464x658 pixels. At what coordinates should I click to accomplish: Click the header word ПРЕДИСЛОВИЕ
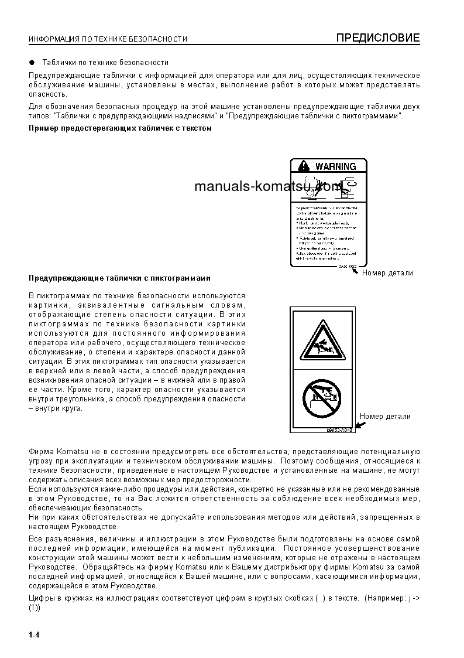378,39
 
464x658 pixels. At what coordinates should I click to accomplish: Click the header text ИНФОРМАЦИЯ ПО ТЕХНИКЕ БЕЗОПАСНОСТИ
108,39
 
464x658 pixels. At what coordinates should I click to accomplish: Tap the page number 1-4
33,635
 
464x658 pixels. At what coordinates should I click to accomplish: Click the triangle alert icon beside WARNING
302,166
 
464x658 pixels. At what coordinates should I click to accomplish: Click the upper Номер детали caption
387,272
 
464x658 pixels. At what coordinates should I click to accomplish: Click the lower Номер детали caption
385,417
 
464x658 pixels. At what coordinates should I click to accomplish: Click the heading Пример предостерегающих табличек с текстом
120,128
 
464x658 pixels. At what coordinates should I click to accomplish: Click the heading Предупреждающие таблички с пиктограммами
119,278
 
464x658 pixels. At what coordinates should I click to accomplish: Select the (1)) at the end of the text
35,608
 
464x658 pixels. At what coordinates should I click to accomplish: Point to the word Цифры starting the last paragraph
41,598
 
